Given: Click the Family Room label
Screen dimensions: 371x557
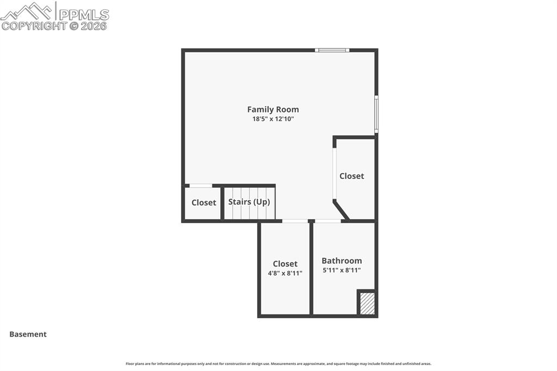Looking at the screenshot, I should (x=273, y=109).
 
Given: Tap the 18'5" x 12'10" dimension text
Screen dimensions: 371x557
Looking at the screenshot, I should (x=273, y=119).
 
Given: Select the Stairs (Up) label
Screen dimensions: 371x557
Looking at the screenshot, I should (x=249, y=202).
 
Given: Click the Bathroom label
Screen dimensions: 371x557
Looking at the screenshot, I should (x=342, y=261).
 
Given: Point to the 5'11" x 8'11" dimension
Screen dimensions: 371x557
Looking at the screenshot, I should (x=342, y=270).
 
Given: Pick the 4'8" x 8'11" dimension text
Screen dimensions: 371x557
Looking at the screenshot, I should (x=285, y=273).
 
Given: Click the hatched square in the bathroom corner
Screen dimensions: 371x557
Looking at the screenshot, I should (x=367, y=304).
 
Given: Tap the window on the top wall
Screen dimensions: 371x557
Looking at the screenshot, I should (x=332, y=50).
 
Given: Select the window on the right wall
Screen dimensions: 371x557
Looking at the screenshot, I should (x=376, y=114).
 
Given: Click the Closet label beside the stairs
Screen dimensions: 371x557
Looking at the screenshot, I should (x=203, y=202).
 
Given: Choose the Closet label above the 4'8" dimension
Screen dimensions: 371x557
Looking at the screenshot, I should (x=285, y=264).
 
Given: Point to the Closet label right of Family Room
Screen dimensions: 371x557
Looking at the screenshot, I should (x=351, y=176).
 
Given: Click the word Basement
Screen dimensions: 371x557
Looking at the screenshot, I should (x=28, y=334).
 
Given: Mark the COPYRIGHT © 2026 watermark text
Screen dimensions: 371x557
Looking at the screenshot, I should (x=54, y=26).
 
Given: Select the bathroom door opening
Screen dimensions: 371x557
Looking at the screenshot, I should (x=328, y=221).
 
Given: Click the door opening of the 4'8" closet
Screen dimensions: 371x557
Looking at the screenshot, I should (x=294, y=221).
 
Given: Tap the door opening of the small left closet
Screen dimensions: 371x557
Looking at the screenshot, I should (x=200, y=185).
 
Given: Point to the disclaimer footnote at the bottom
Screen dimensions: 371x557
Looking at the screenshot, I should (x=278, y=363).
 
